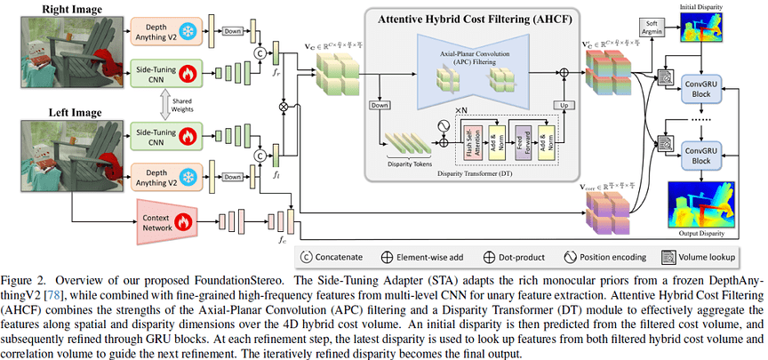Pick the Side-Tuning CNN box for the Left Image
[x=157, y=134]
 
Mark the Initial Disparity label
[x=700, y=7]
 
